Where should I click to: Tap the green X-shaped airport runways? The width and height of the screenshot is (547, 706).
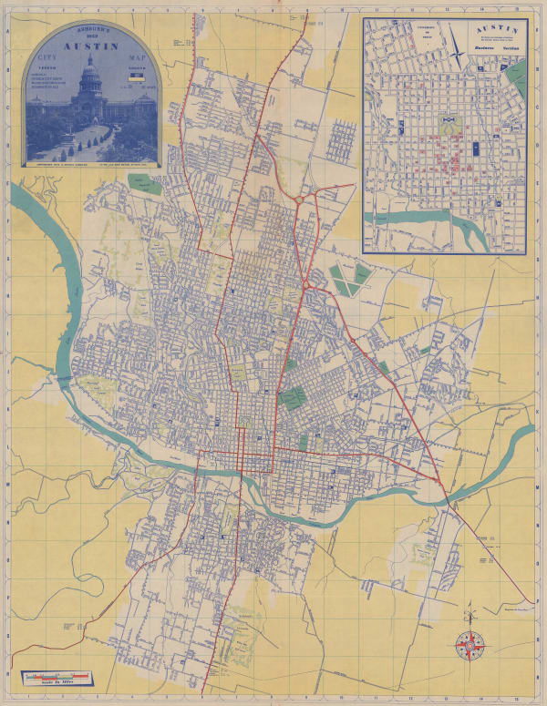click(351, 278)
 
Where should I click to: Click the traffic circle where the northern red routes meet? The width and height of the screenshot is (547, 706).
click(298, 198)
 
